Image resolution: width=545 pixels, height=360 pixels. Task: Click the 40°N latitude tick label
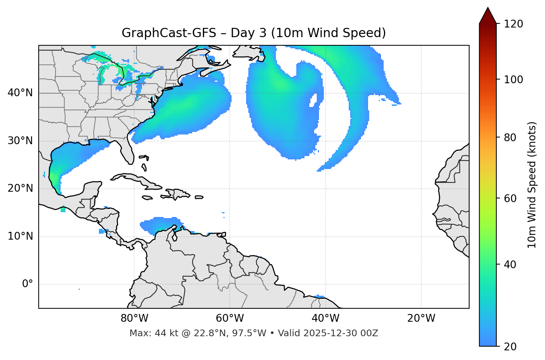[20, 93]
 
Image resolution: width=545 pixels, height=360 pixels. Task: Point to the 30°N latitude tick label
[20, 141]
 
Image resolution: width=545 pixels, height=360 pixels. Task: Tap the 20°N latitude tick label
[20, 188]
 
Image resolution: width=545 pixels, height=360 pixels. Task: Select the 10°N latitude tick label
[20, 236]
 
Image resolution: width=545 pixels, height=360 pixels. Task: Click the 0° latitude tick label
[28, 284]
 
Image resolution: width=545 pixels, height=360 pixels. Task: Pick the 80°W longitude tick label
[134, 318]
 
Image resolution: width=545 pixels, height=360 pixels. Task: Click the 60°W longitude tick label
[230, 318]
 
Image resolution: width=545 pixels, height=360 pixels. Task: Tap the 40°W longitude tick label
[326, 318]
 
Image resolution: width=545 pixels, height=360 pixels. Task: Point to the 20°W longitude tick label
[421, 318]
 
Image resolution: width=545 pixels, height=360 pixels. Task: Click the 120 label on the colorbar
[513, 24]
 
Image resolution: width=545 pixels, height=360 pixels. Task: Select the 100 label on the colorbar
[513, 80]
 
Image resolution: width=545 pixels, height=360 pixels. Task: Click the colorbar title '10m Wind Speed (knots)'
[532, 185]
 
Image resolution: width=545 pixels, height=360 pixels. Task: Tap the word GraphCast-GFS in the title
[169, 33]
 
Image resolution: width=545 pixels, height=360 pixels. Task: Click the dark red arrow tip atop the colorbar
[488, 15]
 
